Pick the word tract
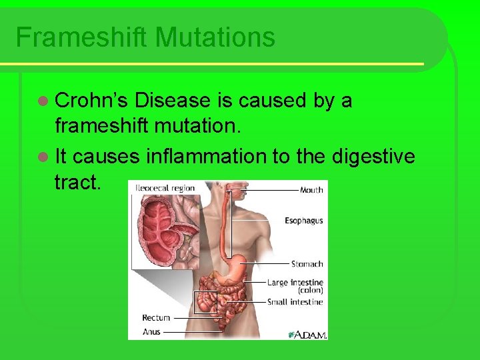click(x=77, y=183)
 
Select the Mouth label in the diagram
click(x=311, y=190)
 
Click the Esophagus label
click(x=304, y=221)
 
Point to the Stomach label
click(x=307, y=264)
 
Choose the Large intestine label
click(x=295, y=283)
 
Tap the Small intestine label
click(x=295, y=302)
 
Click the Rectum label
click(x=156, y=318)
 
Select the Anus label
click(x=151, y=331)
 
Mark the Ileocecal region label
click(x=165, y=188)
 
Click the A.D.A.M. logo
click(x=307, y=333)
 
